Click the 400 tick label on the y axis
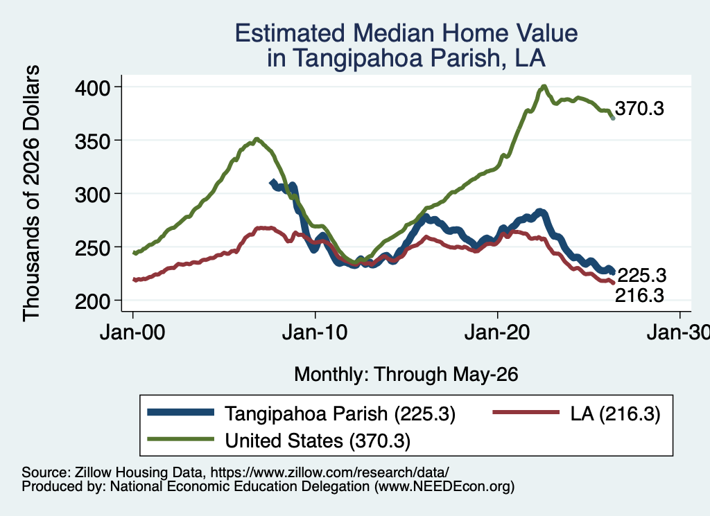(x=93, y=87)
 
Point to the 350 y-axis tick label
(x=93, y=141)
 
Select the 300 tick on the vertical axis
(x=93, y=195)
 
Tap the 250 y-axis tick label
(x=93, y=248)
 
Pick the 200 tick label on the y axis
(x=93, y=301)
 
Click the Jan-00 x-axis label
(x=132, y=332)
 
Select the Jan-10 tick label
(x=315, y=332)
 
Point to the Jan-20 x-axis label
(x=497, y=332)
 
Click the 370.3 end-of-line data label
(x=639, y=109)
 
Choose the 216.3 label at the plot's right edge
(x=639, y=295)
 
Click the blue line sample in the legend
(x=181, y=412)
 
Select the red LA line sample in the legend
(x=526, y=412)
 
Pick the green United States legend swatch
(x=181, y=439)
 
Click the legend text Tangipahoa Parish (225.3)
(x=340, y=413)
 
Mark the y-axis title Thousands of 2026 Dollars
(x=31, y=193)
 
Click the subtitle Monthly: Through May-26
(x=406, y=375)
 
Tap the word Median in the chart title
(x=393, y=33)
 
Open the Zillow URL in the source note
(x=329, y=472)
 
